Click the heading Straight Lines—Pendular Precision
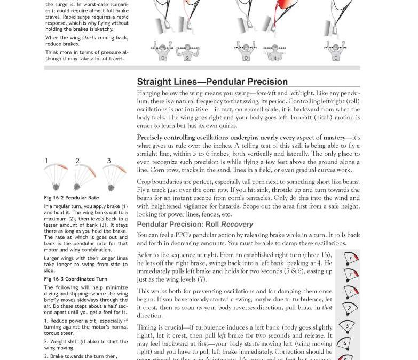(212, 82)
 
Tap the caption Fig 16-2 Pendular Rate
(72, 198)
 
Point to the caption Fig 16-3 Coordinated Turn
(75, 279)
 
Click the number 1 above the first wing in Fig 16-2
(46, 161)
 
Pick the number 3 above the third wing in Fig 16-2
(109, 161)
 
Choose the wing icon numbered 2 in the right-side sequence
(348, 308)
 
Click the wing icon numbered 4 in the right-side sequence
(345, 343)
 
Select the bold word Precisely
(154, 138)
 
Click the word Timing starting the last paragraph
(147, 327)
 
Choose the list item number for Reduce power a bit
(46, 321)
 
